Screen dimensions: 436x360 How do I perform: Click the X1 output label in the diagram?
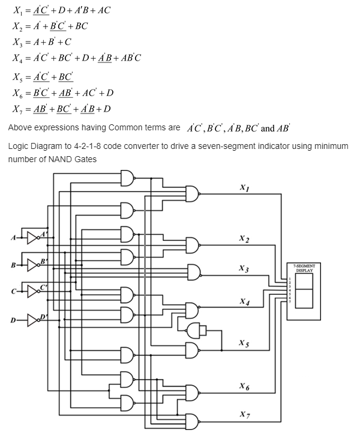(244, 187)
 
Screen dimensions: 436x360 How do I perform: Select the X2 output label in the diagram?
(244, 238)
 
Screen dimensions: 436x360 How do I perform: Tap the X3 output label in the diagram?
(244, 268)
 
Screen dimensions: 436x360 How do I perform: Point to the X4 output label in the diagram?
(244, 301)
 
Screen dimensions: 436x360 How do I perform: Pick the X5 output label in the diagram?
(244, 343)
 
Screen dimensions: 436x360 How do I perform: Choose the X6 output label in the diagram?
(244, 386)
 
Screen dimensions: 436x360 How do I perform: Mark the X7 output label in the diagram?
(244, 414)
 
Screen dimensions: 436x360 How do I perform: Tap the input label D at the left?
(12, 320)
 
